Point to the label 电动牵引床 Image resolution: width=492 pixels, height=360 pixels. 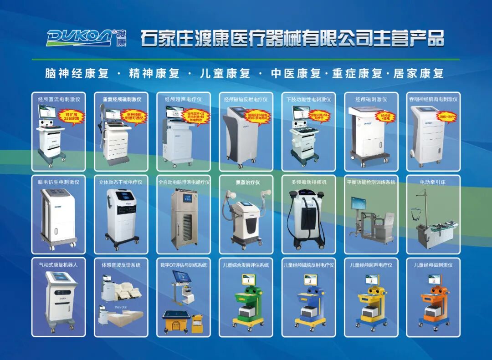[x=433, y=182]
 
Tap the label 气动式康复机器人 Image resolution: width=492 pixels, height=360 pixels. [x=58, y=265]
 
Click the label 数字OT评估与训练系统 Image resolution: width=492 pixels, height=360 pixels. [x=184, y=265]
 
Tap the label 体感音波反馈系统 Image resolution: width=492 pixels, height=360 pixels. [x=121, y=265]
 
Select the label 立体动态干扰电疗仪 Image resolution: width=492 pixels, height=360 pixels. [x=121, y=182]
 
